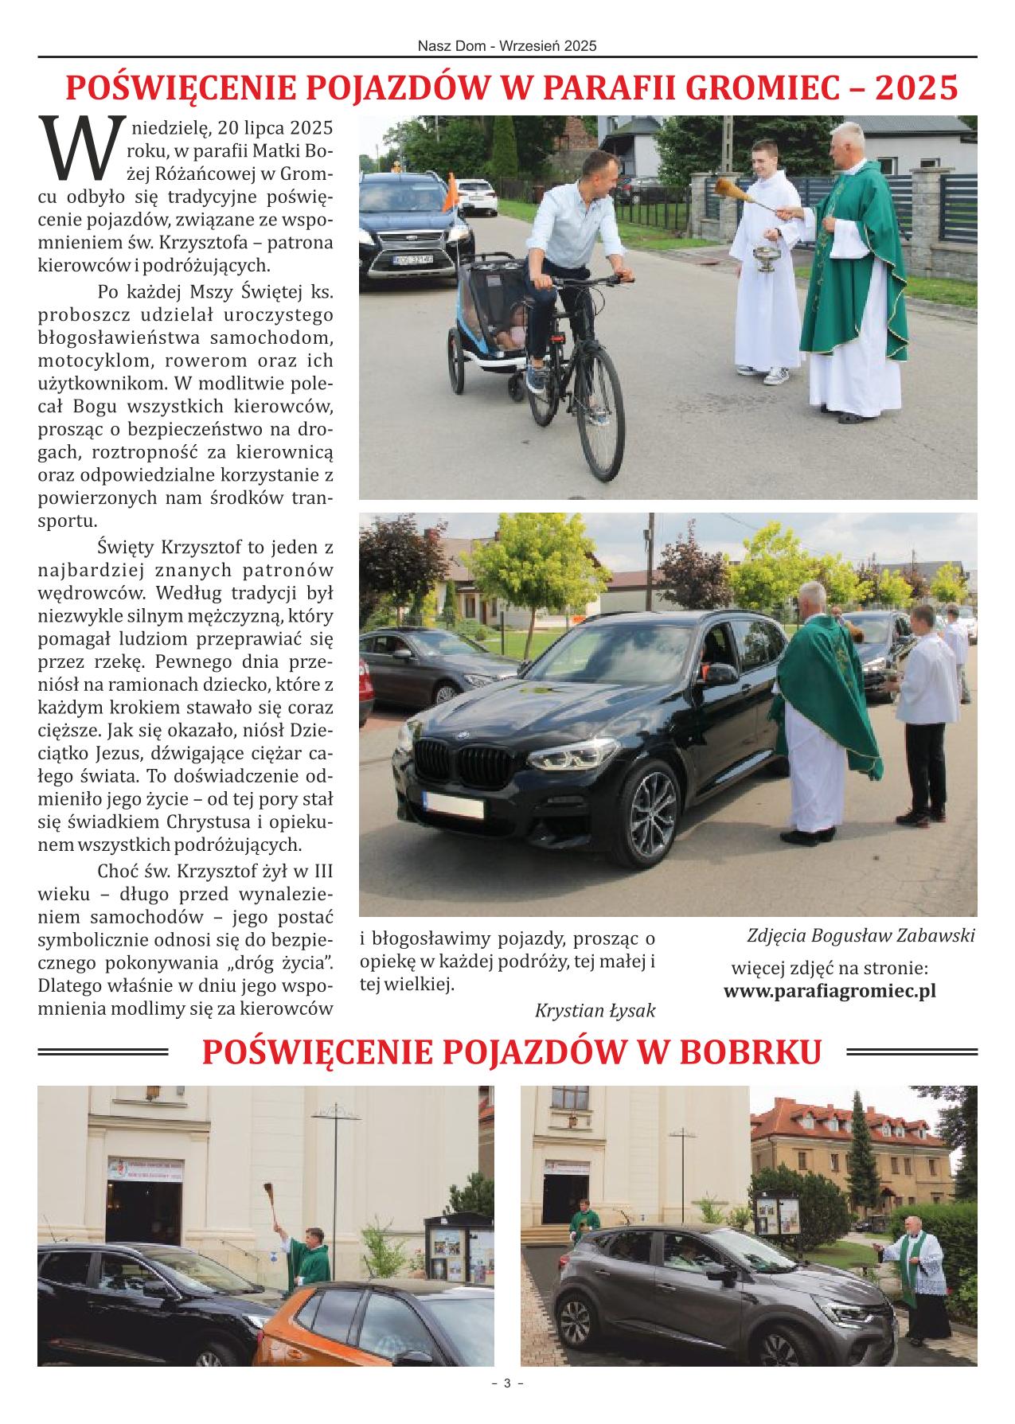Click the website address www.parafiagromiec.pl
(829, 992)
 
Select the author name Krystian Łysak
(595, 1011)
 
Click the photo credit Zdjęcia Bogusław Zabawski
(861, 935)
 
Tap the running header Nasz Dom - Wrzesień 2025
(507, 47)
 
